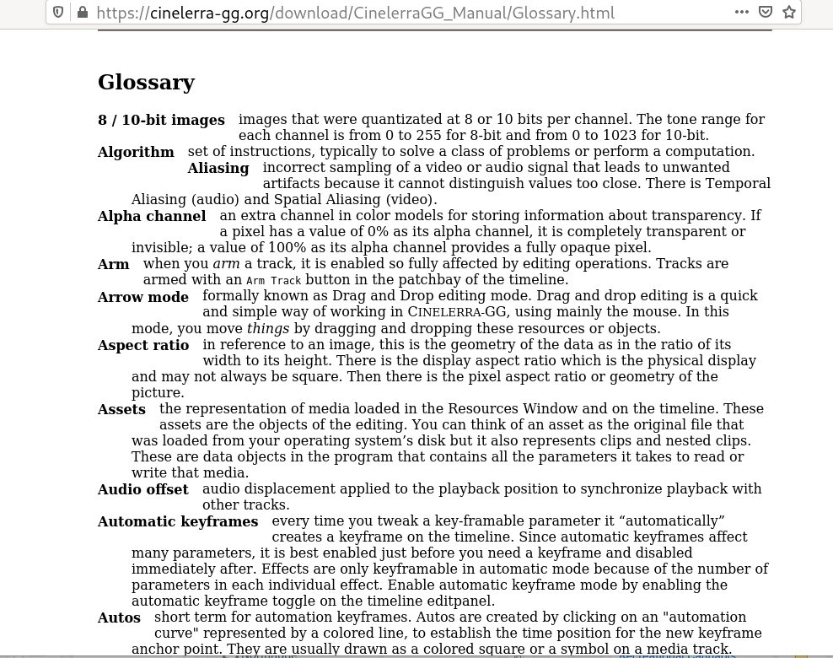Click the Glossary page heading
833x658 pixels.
[146, 82]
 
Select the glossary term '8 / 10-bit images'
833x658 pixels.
[161, 120]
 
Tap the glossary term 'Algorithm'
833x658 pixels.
[136, 152]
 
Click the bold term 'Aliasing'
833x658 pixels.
[218, 168]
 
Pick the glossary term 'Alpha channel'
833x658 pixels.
[152, 216]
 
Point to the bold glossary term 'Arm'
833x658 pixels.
[114, 264]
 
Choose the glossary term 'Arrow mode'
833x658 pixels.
[143, 297]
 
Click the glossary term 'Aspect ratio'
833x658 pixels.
[143, 345]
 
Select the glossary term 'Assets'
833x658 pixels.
[121, 409]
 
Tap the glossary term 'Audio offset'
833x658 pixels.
[143, 489]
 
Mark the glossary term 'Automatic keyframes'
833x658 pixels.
[178, 521]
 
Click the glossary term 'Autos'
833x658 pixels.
[119, 618]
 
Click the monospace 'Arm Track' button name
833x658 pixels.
[273, 280]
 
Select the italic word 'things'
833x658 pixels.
[267, 328]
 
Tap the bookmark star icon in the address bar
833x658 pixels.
[789, 12]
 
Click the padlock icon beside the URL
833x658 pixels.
[83, 12]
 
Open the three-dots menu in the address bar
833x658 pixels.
[742, 12]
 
